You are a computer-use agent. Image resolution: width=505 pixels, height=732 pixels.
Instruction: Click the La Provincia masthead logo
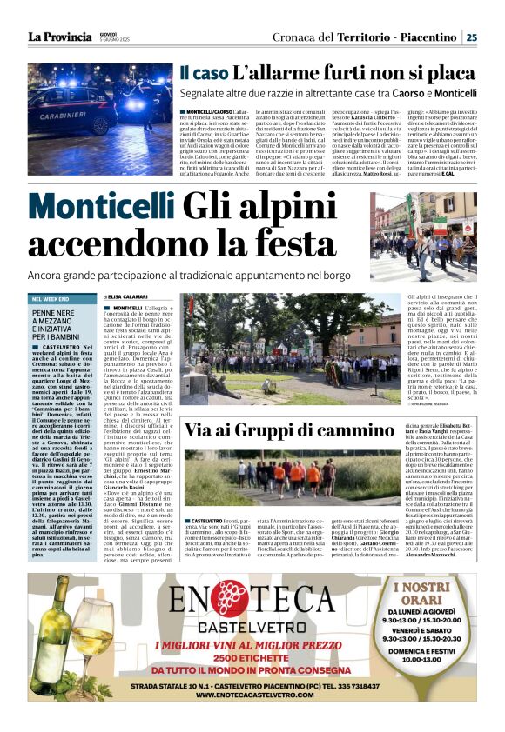coord(58,37)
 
